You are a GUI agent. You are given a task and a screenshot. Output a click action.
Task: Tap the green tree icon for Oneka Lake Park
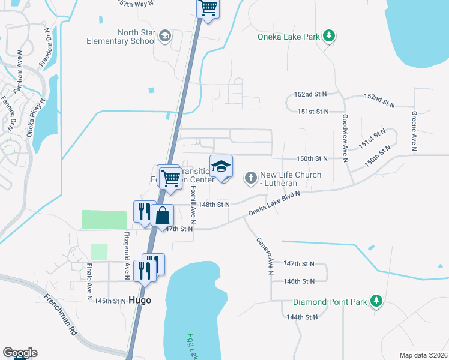click(328, 37)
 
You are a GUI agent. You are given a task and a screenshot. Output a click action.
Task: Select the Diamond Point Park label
click(329, 301)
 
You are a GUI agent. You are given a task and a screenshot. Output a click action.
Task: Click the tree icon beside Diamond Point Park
click(376, 300)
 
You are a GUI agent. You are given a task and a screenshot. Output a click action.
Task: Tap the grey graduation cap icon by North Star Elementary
click(164, 37)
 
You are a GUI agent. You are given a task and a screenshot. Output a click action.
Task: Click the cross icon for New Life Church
click(250, 178)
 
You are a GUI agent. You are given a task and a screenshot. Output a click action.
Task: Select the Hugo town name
click(140, 300)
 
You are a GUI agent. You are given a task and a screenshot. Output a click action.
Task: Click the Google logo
click(20, 353)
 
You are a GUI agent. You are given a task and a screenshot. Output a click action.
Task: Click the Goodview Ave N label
click(345, 138)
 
